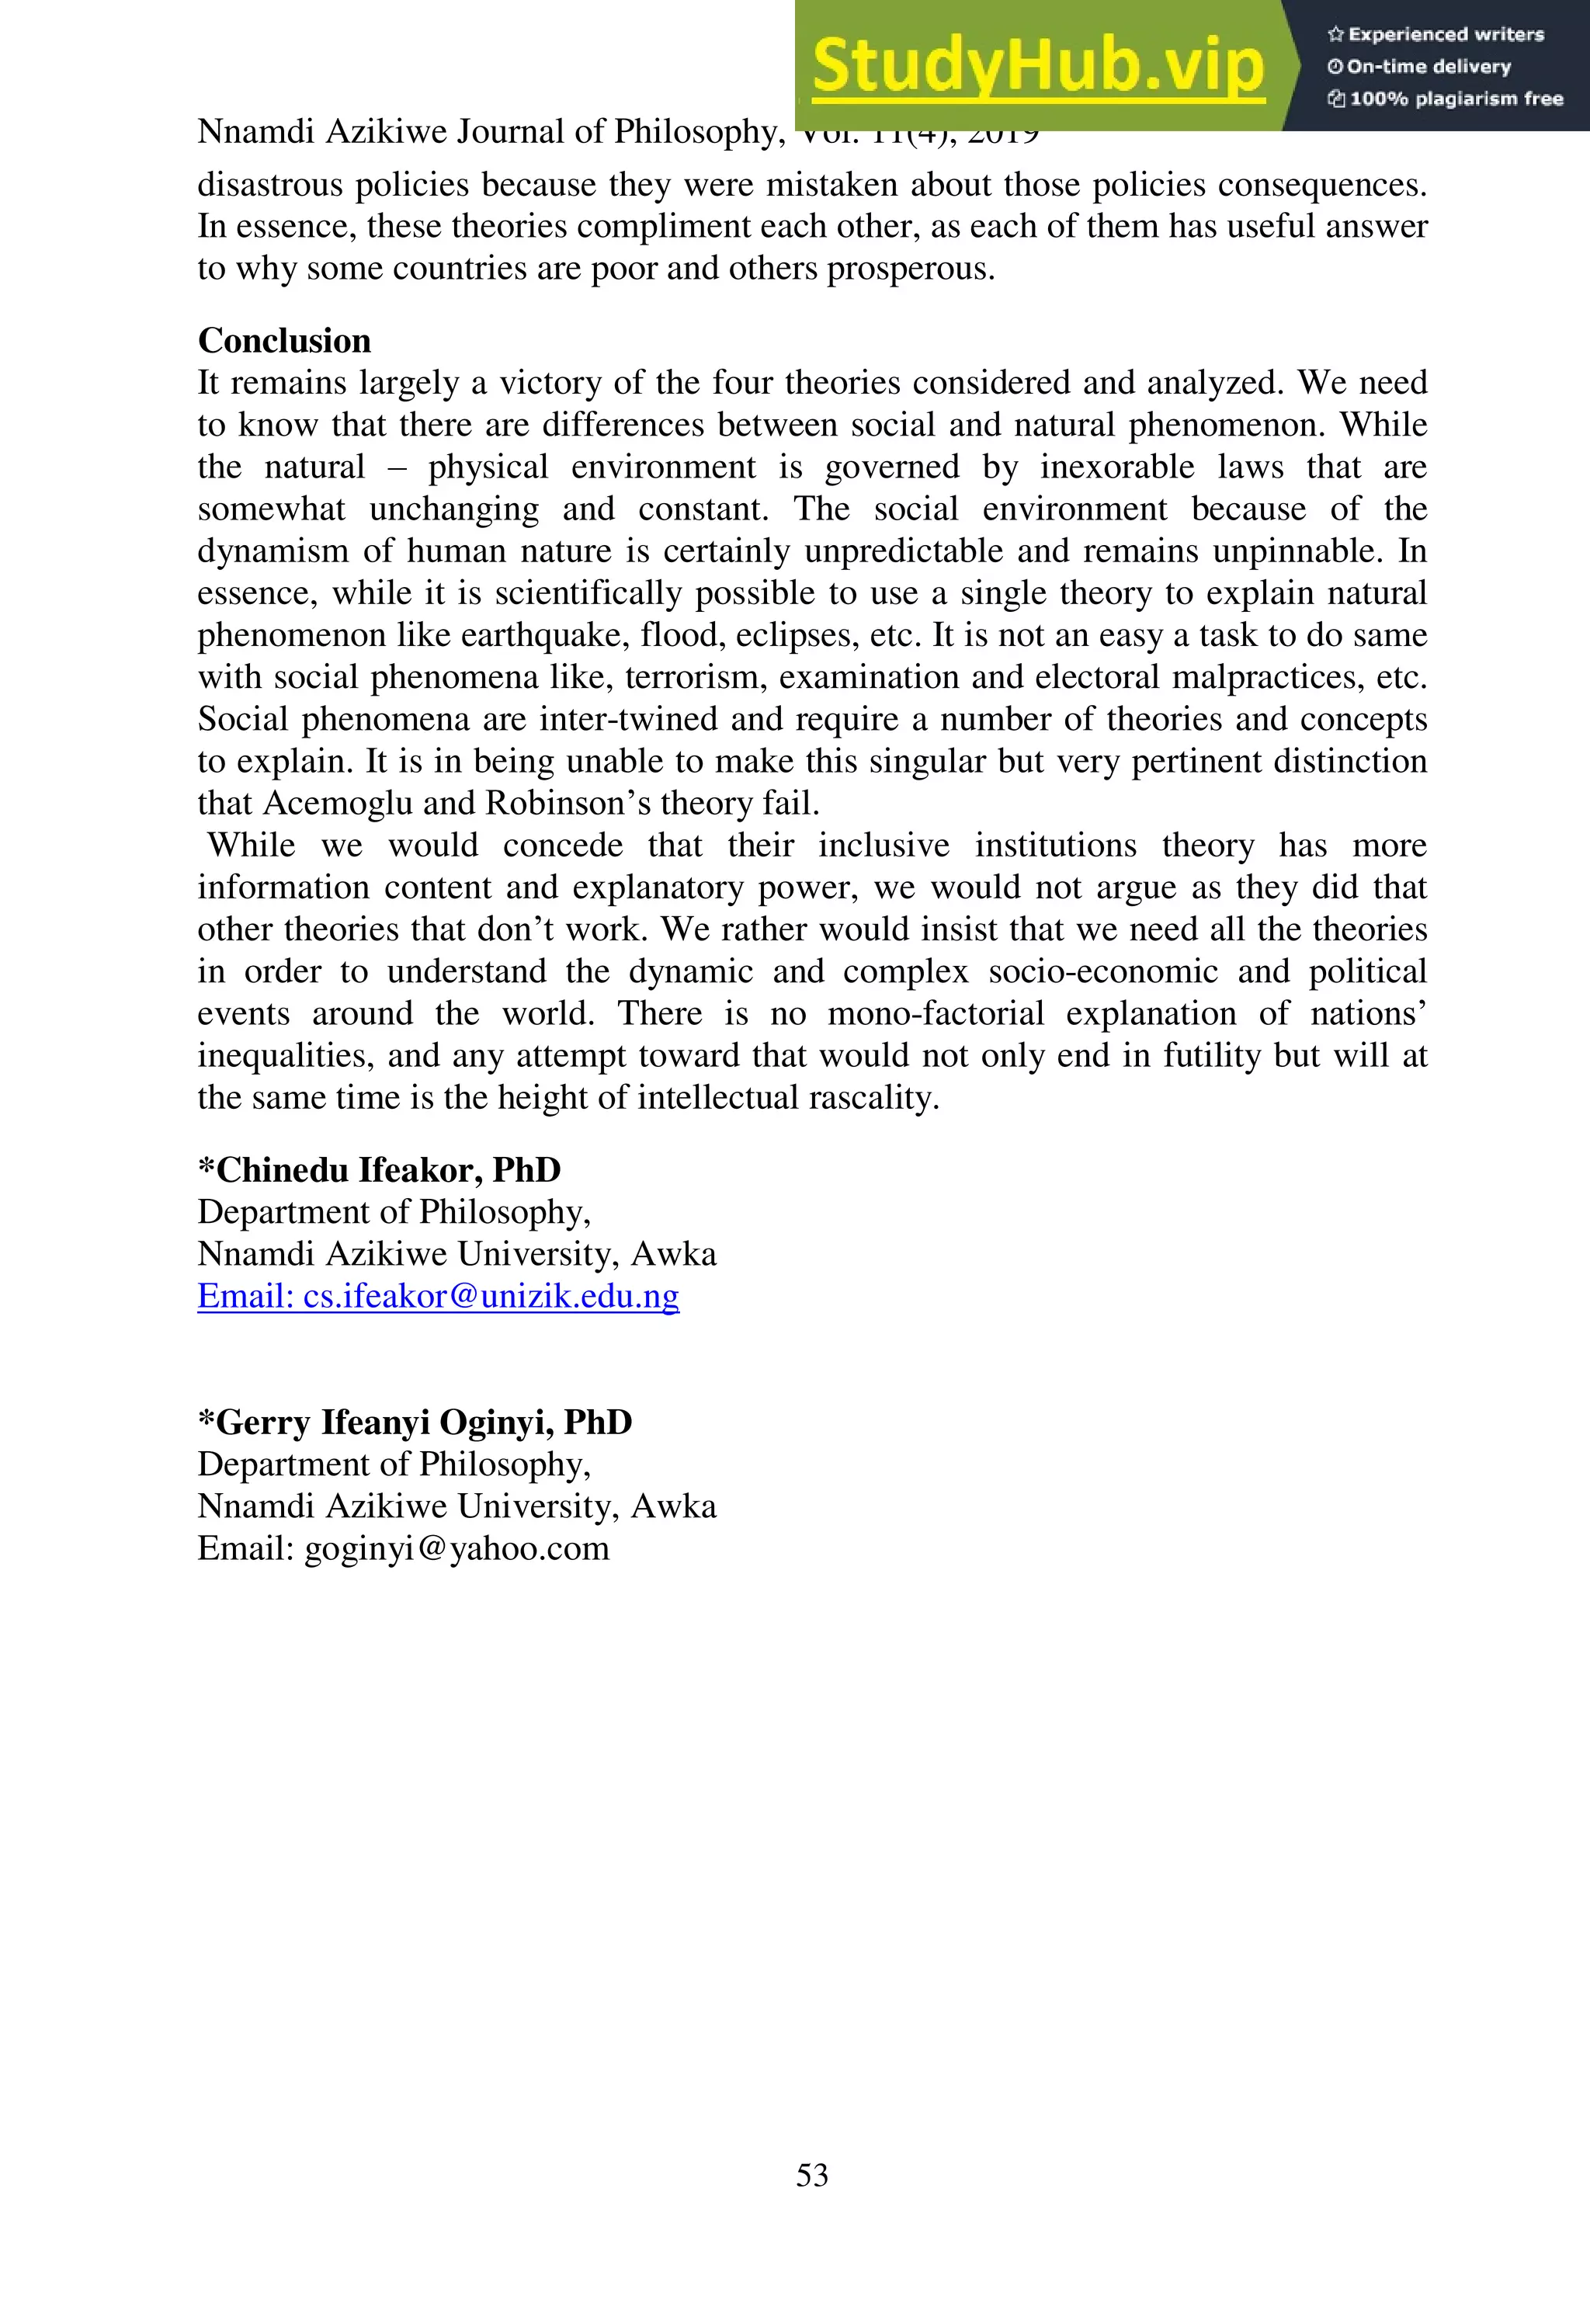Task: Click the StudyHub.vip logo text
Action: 1037,66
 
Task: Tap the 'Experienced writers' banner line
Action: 1436,34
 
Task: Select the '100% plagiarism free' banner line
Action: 1446,99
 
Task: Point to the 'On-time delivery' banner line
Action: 1420,67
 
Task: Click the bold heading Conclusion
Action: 284,341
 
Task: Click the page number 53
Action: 811,2175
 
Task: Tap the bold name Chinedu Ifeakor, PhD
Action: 379,1169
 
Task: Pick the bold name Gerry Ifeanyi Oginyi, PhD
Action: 415,1422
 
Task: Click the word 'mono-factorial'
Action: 935,1014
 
